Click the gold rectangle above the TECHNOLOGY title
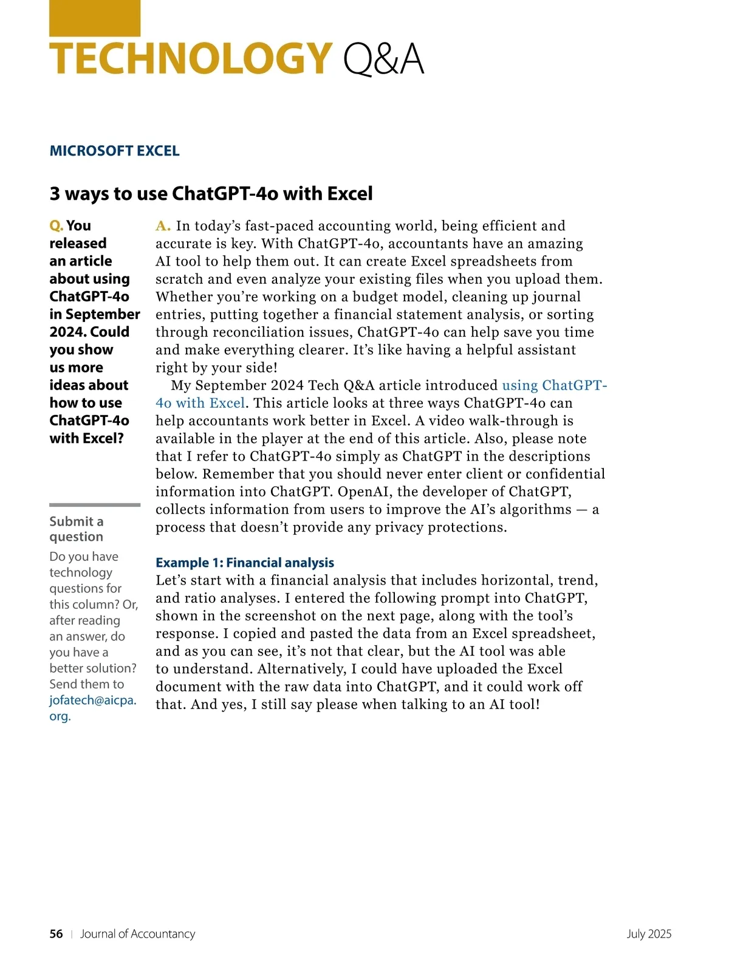94,18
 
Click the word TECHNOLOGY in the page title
191,59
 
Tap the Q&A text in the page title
383,59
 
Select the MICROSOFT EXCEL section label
114,151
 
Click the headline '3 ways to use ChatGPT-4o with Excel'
211,193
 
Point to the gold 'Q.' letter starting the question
56,225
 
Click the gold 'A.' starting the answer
163,226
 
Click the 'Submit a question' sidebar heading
77,529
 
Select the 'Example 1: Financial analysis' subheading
245,563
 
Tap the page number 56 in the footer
56,934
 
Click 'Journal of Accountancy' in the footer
138,934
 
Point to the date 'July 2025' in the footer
649,934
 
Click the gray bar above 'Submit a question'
95,504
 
